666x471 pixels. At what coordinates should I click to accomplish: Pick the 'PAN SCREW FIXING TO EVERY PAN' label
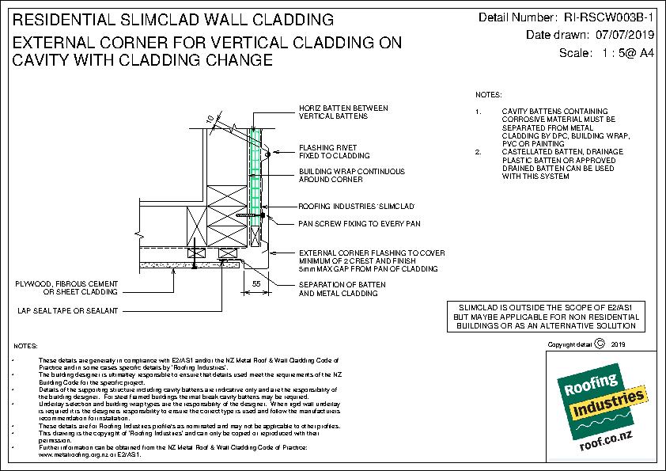[358, 224]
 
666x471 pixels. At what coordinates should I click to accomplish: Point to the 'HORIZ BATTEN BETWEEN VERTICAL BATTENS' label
[337, 112]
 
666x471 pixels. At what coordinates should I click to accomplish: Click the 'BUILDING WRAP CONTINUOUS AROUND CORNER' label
[351, 175]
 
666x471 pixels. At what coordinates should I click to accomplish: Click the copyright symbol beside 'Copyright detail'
[598, 344]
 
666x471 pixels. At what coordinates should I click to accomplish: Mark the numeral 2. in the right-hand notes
[480, 151]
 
